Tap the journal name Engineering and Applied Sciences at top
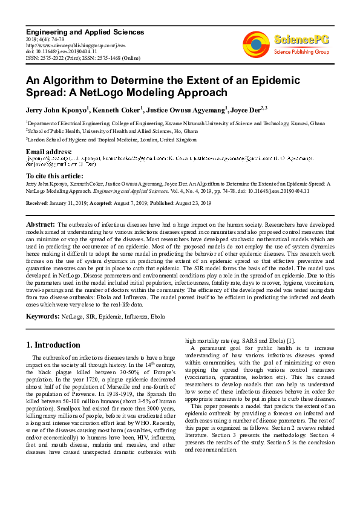pos(85,32)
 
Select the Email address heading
pos(49,151)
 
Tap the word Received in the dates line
pos(39,203)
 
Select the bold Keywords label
pos(42,316)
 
